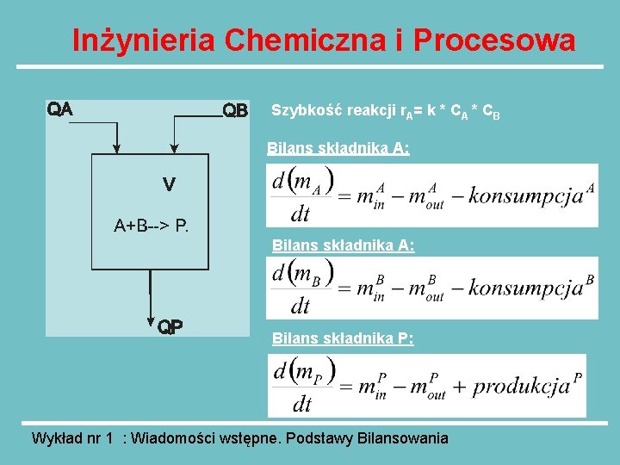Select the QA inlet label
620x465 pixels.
pos(59,109)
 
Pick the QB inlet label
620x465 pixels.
pos(235,111)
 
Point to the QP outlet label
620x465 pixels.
pos(170,326)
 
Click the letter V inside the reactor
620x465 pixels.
pos(169,183)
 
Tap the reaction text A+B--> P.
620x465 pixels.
pos(152,226)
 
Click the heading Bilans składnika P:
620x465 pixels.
pos(343,338)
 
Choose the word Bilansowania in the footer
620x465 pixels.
pos(402,438)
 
